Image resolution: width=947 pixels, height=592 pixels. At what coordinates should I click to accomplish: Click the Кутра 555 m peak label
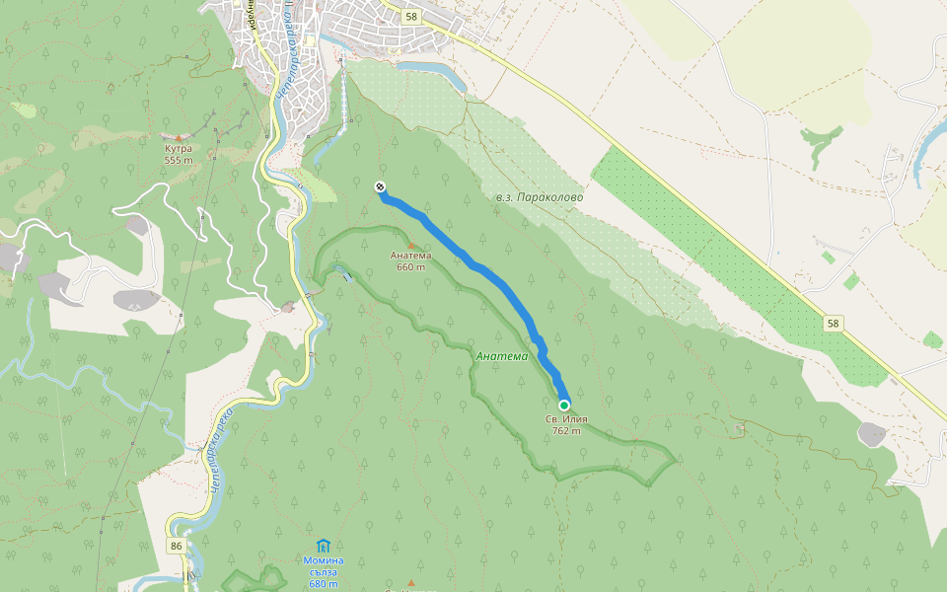pyautogui.click(x=178, y=154)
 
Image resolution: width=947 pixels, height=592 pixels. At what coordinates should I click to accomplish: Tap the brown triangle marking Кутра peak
pyautogui.click(x=178, y=138)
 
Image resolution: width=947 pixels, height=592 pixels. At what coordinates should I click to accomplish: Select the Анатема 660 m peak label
pyautogui.click(x=410, y=260)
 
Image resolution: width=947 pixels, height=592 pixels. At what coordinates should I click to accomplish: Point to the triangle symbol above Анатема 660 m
pyautogui.click(x=411, y=245)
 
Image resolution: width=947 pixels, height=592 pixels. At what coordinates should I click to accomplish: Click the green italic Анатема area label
pyautogui.click(x=501, y=356)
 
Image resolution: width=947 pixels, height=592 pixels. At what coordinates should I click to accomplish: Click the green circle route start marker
pyautogui.click(x=564, y=406)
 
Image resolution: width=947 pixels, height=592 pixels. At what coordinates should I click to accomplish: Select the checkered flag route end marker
pyautogui.click(x=380, y=187)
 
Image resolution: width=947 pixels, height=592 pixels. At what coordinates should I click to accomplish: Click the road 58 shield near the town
pyautogui.click(x=411, y=17)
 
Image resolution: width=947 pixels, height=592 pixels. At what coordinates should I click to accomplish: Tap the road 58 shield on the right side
pyautogui.click(x=834, y=323)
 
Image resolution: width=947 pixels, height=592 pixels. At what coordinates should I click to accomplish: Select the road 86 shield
pyautogui.click(x=176, y=546)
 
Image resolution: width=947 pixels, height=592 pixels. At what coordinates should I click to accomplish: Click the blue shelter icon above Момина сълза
pyautogui.click(x=323, y=546)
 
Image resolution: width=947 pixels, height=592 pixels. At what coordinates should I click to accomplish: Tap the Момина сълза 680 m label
pyautogui.click(x=323, y=571)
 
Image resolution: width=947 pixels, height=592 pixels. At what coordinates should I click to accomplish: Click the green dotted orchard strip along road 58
pyautogui.click(x=730, y=266)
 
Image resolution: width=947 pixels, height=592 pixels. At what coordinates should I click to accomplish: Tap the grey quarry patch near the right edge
pyautogui.click(x=872, y=433)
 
